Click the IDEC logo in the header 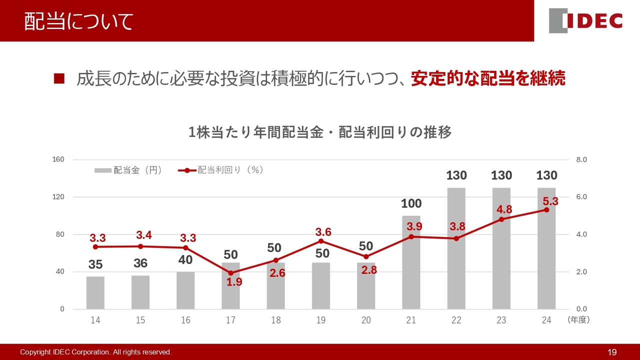click(x=585, y=21)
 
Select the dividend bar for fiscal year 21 click(x=411, y=262)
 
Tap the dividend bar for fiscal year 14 click(x=95, y=293)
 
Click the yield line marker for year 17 click(x=230, y=273)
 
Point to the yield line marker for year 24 click(x=546, y=210)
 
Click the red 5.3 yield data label click(x=550, y=201)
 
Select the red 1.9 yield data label click(x=234, y=282)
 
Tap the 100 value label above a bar click(x=411, y=203)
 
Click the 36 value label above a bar click(x=140, y=263)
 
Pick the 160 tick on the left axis click(x=58, y=159)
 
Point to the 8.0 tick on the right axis click(x=581, y=159)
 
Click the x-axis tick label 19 click(x=321, y=320)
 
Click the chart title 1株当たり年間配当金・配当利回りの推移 click(x=320, y=132)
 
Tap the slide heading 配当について click(x=79, y=21)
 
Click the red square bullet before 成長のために click(x=59, y=78)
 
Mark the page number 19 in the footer click(x=612, y=352)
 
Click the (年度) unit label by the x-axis click(x=578, y=320)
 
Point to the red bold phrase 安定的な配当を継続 click(x=488, y=78)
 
